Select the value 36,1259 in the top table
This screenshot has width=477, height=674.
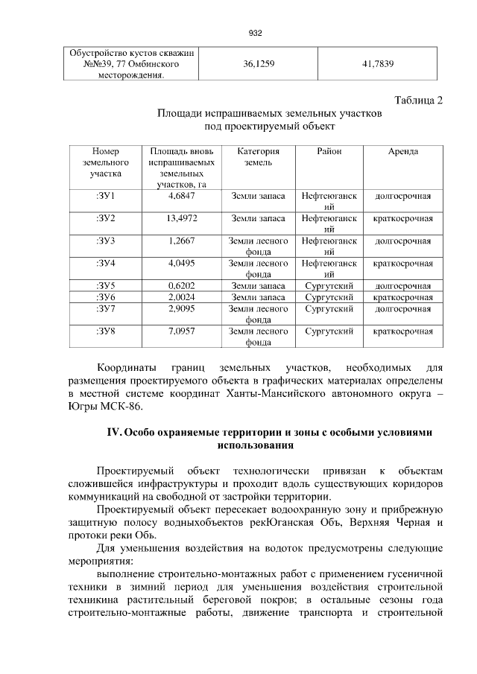259,65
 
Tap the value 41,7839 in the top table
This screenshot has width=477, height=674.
378,65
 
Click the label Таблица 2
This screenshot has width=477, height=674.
417,101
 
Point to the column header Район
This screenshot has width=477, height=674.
329,151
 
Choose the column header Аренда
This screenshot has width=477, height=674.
402,151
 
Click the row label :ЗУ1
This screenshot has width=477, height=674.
105,196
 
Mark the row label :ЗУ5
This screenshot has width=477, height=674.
105,285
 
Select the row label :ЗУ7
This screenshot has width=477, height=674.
105,308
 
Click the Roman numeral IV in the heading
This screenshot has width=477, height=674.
115,433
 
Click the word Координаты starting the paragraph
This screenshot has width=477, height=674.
127,367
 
